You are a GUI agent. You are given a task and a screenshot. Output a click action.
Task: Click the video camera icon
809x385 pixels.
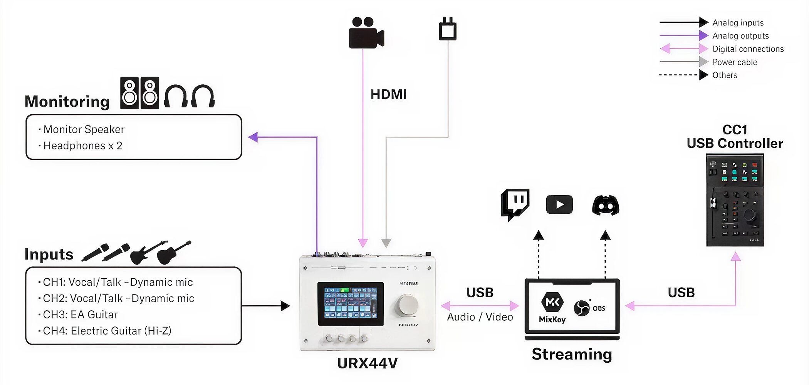(x=366, y=33)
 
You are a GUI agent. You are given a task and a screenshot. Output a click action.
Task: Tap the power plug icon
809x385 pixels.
(x=448, y=29)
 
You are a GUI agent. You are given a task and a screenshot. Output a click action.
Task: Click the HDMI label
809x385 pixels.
(x=388, y=94)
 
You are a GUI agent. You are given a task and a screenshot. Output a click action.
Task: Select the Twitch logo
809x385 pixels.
(x=515, y=204)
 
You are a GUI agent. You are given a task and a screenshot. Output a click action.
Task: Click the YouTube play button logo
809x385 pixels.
(x=559, y=204)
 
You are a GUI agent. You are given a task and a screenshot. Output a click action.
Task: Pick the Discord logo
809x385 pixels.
(x=605, y=205)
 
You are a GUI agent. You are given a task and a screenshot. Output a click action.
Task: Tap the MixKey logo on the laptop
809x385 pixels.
(x=552, y=307)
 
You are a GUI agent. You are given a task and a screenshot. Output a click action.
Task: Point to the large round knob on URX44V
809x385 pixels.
(x=406, y=305)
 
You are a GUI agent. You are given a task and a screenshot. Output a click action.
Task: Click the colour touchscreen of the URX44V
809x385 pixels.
(x=350, y=303)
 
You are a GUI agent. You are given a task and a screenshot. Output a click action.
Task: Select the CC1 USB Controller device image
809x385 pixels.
(x=735, y=200)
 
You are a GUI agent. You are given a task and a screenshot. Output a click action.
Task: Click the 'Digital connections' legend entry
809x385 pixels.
(x=748, y=49)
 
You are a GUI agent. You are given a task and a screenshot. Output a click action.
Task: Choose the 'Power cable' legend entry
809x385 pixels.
(x=734, y=62)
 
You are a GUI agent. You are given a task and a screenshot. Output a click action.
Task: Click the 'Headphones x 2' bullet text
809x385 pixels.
(x=83, y=146)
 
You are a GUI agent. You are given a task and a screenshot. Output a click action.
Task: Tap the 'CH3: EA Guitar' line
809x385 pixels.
(x=80, y=315)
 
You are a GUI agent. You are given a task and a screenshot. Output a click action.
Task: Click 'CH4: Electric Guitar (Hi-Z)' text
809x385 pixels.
(x=107, y=331)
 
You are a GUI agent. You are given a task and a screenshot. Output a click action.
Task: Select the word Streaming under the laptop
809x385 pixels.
(x=572, y=354)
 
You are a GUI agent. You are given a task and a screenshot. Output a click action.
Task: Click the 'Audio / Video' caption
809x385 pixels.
(x=480, y=317)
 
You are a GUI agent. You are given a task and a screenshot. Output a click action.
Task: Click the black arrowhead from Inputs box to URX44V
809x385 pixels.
(x=285, y=306)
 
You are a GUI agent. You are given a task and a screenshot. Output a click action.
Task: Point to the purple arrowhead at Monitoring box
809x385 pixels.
(x=253, y=137)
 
